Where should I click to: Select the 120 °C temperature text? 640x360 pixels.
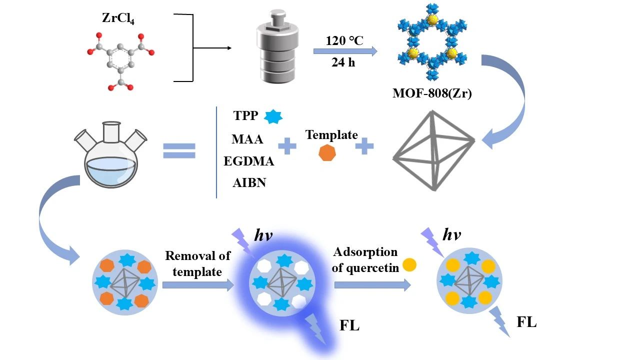(x=344, y=40)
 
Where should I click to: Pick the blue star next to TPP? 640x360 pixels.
(x=273, y=116)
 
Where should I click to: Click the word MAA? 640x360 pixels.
(x=247, y=139)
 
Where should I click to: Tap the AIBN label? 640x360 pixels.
(x=249, y=182)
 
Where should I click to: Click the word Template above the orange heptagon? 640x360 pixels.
(x=331, y=134)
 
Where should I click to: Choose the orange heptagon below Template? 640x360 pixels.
(x=327, y=153)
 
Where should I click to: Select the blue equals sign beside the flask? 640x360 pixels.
(x=178, y=150)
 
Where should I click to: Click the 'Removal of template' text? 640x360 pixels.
(x=198, y=263)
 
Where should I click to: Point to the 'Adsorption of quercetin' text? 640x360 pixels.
(x=365, y=259)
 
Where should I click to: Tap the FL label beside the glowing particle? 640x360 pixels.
(x=349, y=326)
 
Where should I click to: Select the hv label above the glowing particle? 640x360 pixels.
(x=263, y=235)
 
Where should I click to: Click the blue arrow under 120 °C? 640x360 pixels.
(x=345, y=51)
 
